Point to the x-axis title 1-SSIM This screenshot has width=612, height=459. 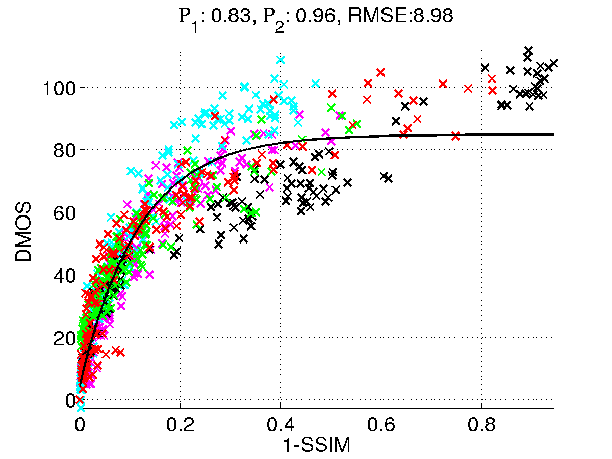point(317,446)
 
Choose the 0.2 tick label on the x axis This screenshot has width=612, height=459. point(180,425)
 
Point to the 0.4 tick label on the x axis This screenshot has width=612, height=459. point(280,425)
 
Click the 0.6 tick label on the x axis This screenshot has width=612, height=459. point(381,425)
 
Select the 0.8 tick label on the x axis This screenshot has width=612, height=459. point(481,425)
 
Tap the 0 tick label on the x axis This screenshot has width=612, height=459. point(80,425)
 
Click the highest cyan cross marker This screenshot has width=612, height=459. point(280,60)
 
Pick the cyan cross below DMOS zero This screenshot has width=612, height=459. point(81,409)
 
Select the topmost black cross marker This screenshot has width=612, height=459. point(528,50)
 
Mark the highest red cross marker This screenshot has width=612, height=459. point(380,72)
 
